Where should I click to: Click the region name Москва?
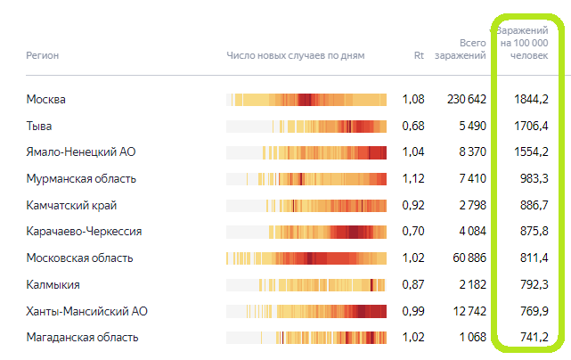[46, 99]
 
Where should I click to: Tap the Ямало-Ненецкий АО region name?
[79, 152]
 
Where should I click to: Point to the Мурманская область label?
[81, 178]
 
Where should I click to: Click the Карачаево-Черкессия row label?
[85, 232]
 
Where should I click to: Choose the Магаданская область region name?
[82, 338]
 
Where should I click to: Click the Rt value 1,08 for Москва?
[413, 99]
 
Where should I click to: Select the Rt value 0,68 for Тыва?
[413, 126]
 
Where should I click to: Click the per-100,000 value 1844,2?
[531, 99]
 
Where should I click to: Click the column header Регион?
[43, 55]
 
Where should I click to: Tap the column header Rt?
[419, 55]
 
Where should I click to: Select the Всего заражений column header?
[461, 49]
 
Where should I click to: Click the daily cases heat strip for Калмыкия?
[306, 285]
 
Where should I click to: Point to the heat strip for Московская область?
[306, 258]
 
